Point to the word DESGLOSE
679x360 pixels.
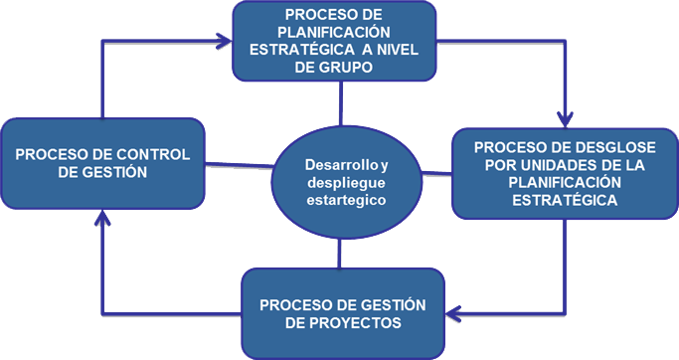click(591, 148)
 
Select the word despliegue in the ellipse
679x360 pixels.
click(342, 183)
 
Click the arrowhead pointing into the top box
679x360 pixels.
click(224, 42)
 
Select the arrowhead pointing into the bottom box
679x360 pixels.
click(452, 314)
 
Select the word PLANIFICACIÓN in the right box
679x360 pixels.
click(564, 183)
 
